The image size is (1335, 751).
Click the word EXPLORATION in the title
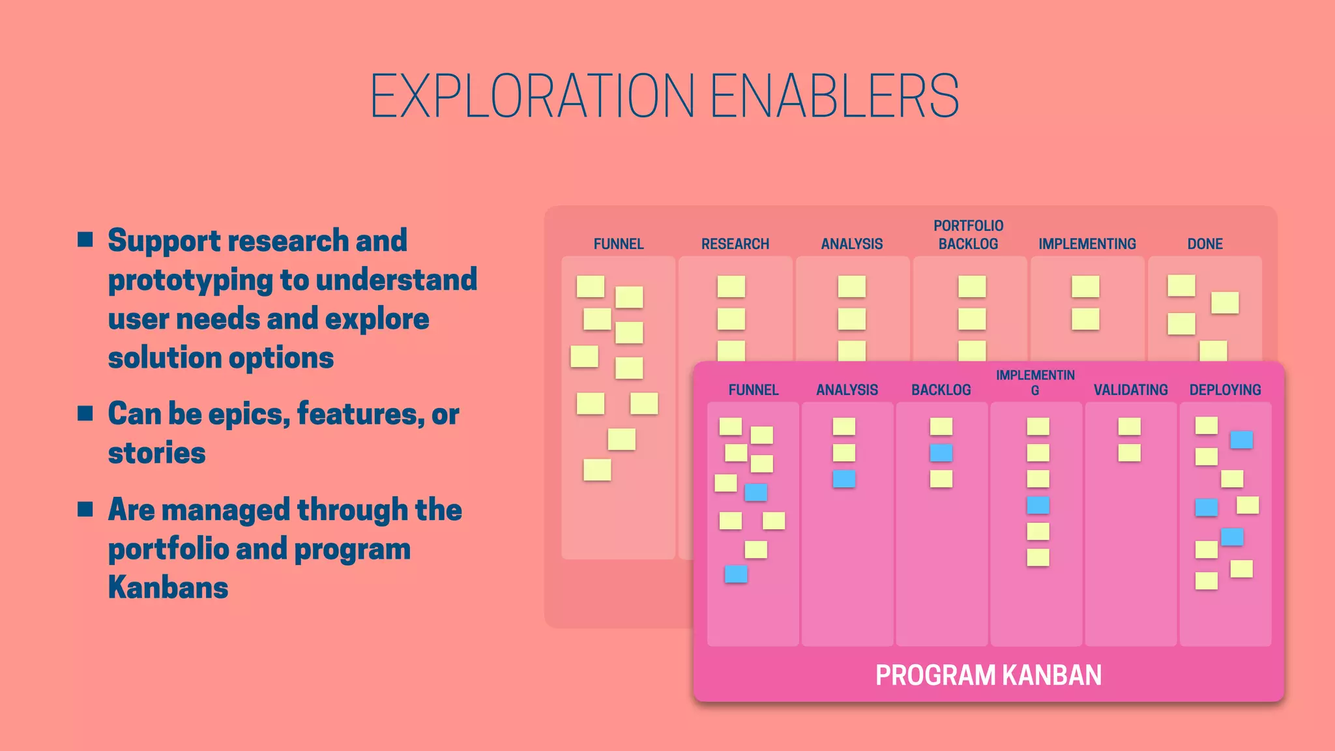(533, 96)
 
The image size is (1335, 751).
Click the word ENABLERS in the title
(834, 96)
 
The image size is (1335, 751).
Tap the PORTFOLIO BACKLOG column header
(968, 235)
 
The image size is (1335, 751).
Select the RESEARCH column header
(735, 244)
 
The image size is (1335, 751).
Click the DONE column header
(1205, 244)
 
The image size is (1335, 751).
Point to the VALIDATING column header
(1130, 390)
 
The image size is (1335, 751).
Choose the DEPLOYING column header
(1225, 390)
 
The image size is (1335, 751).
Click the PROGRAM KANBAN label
(988, 675)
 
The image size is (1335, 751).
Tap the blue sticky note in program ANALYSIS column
(844, 479)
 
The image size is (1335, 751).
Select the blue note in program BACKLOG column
(941, 452)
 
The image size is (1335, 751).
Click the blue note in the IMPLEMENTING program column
(1038, 505)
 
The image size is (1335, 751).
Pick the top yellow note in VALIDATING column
(1129, 426)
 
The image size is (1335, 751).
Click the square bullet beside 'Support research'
(85, 239)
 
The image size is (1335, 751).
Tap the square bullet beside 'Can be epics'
(85, 413)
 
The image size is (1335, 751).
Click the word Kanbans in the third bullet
(168, 587)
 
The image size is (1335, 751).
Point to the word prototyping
(190, 280)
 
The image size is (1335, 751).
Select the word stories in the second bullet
(156, 452)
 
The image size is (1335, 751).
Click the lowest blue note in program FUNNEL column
(736, 574)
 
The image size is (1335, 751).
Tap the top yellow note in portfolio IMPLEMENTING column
(1085, 286)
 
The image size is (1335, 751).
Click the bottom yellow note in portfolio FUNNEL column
(597, 469)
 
